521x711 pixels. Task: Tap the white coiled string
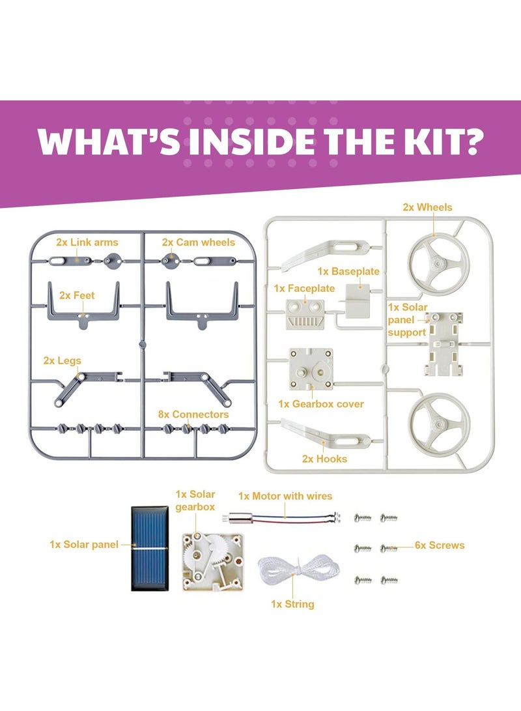pyautogui.click(x=292, y=568)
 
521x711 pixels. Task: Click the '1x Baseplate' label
pyautogui.click(x=348, y=270)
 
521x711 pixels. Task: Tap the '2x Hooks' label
pyautogui.click(x=324, y=459)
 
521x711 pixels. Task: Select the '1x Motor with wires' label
pyautogui.click(x=285, y=496)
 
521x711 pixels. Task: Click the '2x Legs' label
pyautogui.click(x=63, y=360)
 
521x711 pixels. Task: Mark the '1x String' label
pyautogui.click(x=292, y=604)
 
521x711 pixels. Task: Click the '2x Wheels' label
pyautogui.click(x=427, y=207)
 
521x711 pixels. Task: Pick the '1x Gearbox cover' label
pyautogui.click(x=321, y=404)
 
